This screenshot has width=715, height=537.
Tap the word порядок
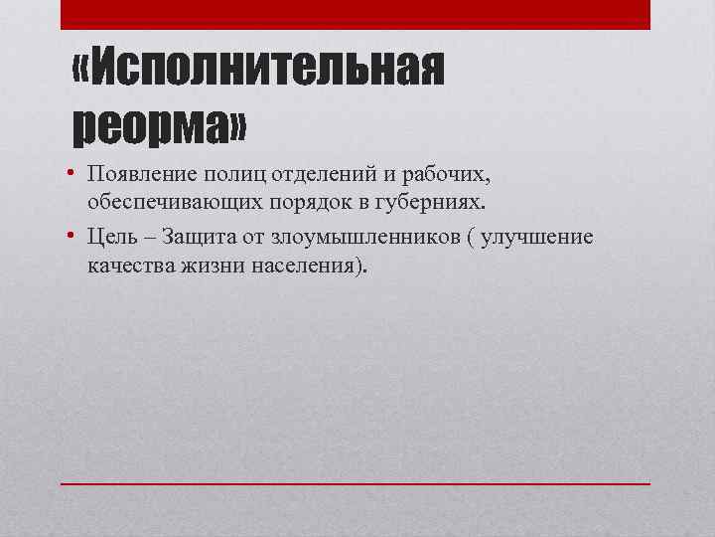point(302,203)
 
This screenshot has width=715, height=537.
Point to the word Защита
point(199,238)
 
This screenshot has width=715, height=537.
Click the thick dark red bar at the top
point(356,14)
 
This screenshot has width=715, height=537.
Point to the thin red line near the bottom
point(356,483)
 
